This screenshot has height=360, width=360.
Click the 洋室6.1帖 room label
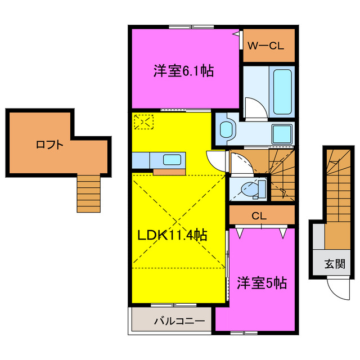pyautogui.click(x=183, y=72)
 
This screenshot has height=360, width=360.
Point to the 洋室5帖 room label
pyautogui.click(x=261, y=282)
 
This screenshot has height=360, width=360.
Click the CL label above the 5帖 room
pyautogui.click(x=259, y=215)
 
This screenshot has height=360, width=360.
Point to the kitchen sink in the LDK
pyautogui.click(x=172, y=160)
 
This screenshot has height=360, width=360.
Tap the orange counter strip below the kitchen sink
pyautogui.click(x=169, y=171)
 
